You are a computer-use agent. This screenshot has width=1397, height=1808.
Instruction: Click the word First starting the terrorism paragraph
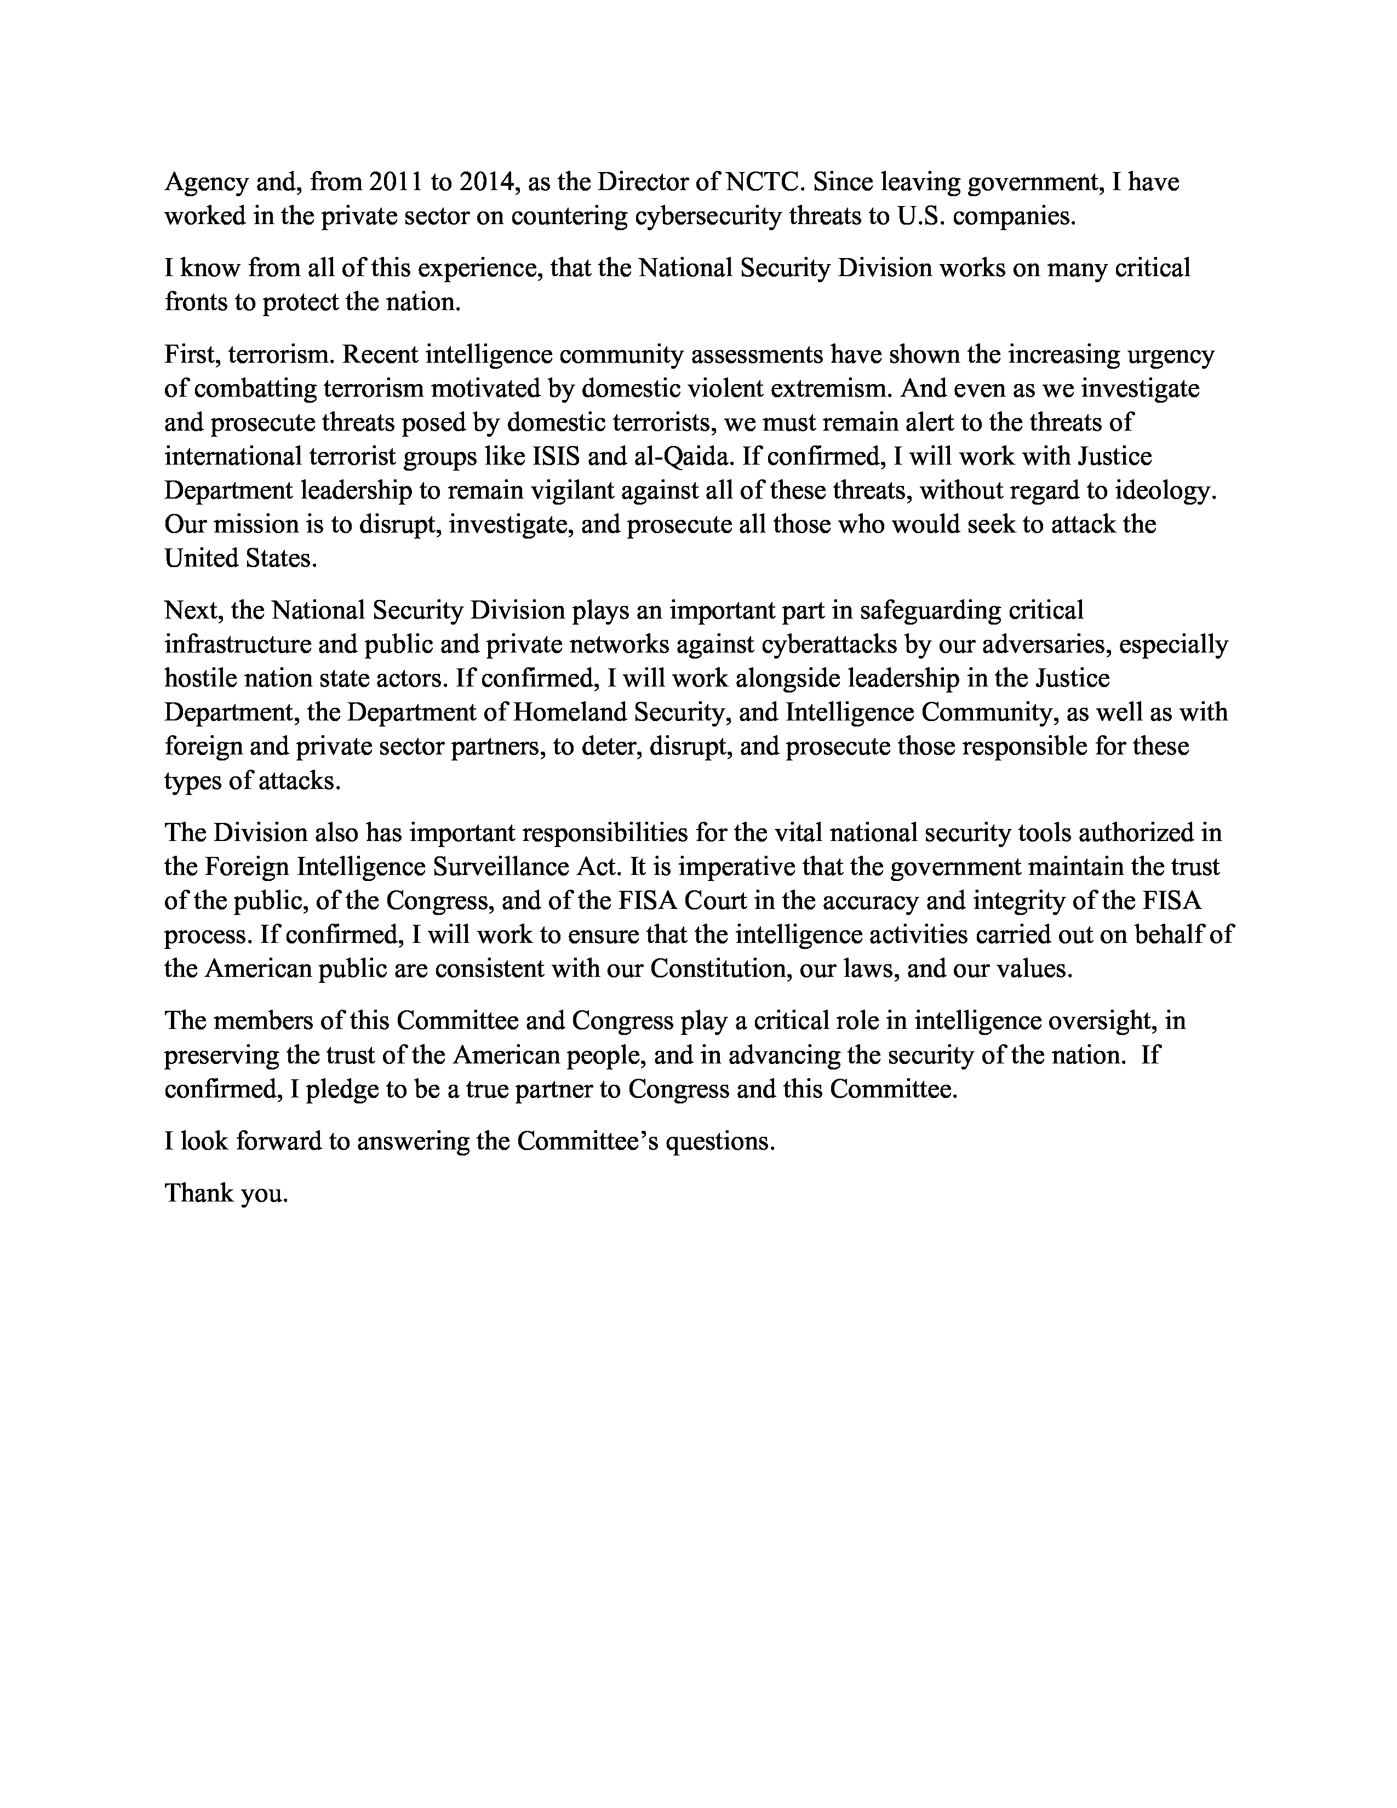(190, 354)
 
